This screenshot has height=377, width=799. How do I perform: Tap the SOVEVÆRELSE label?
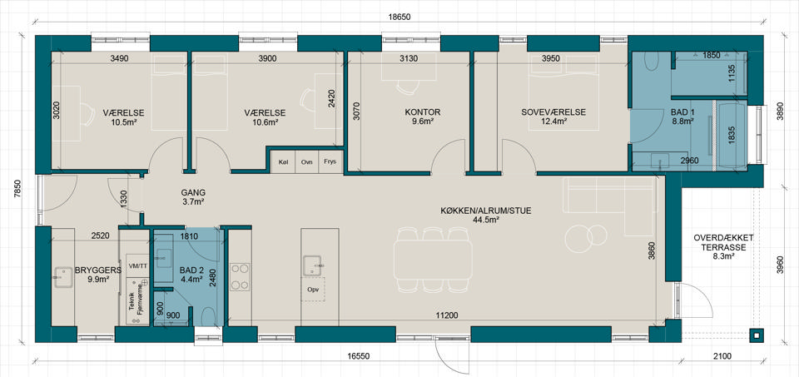pos(553,112)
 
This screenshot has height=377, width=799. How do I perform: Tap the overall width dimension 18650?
pos(399,17)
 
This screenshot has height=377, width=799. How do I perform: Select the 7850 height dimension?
pos(17,188)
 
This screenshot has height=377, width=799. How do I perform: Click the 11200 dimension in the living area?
pos(446,315)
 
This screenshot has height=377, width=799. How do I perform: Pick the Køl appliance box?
pos(283,161)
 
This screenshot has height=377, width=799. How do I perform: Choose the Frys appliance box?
pos(331,161)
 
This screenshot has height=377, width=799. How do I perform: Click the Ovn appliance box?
pos(307,161)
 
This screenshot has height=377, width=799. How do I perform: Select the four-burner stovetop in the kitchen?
pos(240,276)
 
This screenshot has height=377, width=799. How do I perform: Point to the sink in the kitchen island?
pos(311,266)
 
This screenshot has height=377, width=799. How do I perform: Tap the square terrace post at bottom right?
pos(757,335)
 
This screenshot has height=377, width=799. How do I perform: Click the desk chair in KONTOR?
pos(408,87)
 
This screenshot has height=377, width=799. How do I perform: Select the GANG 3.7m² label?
pos(193,197)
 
